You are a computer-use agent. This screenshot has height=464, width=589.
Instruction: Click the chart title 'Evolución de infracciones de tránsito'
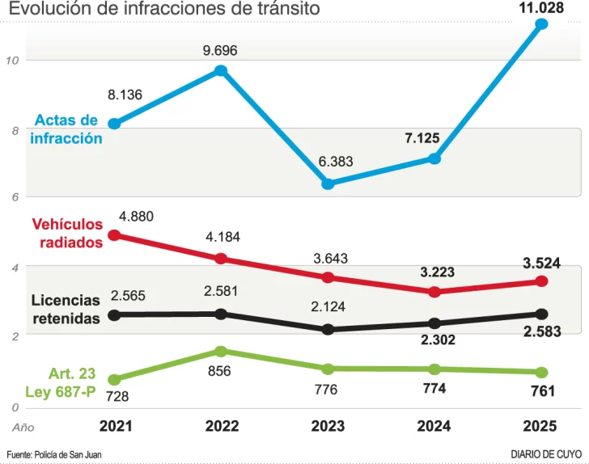(164, 9)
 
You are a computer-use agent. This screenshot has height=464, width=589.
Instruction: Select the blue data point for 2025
(541, 24)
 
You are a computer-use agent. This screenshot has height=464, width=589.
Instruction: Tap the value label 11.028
(541, 7)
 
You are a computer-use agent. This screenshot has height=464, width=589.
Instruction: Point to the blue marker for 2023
(328, 183)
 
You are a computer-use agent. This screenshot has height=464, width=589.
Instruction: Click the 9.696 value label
(220, 51)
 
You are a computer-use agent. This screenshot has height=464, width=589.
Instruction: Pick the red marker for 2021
(114, 235)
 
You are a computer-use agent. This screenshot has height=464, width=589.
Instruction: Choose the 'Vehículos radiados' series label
(67, 233)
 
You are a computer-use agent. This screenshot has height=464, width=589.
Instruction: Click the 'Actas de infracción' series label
(66, 129)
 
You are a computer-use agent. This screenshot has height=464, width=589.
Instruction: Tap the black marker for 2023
(328, 329)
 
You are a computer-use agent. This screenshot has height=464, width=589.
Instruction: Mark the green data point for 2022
(220, 351)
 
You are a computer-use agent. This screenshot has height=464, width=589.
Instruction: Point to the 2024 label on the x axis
(434, 426)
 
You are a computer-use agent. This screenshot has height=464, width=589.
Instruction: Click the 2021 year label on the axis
(115, 426)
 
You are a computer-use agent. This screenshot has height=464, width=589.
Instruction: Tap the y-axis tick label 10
(11, 60)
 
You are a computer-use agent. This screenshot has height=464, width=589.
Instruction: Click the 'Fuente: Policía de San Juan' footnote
(54, 454)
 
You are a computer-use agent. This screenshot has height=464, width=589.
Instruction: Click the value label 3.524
(541, 264)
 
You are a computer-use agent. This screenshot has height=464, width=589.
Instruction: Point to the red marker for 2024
(434, 292)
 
